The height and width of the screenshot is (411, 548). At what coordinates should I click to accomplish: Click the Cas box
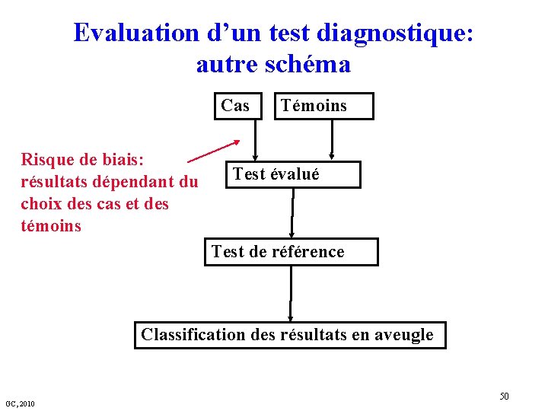tap(235, 106)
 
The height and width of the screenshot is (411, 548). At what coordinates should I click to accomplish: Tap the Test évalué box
tap(293, 174)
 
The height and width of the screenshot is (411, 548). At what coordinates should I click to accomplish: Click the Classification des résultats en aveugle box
tap(290, 335)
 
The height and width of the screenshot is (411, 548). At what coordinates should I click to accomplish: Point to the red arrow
tap(213, 152)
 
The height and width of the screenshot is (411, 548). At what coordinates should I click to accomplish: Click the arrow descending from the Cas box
tap(256, 139)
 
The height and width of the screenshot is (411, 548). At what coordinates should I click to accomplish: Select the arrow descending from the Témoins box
tap(333, 139)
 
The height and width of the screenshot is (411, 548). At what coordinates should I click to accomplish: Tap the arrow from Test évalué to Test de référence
tap(293, 213)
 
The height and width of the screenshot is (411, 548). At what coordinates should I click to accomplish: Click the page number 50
tap(504, 397)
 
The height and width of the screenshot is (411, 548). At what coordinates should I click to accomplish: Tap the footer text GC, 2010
tap(19, 403)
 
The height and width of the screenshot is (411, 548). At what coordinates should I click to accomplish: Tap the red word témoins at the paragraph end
tap(51, 226)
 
